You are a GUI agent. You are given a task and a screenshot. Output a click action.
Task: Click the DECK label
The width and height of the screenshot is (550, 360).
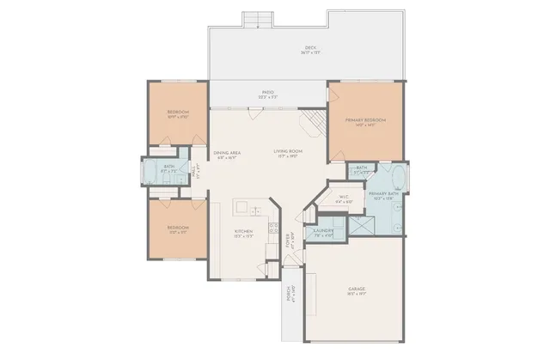309,50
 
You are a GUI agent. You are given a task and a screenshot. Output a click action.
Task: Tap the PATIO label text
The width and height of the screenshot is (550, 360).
268,94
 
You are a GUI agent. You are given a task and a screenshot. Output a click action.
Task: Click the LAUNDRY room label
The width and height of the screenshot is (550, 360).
323,232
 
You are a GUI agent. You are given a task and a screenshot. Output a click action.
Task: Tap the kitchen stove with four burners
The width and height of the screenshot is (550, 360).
272,229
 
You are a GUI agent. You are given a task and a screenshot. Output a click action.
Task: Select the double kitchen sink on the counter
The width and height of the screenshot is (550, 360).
244,207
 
